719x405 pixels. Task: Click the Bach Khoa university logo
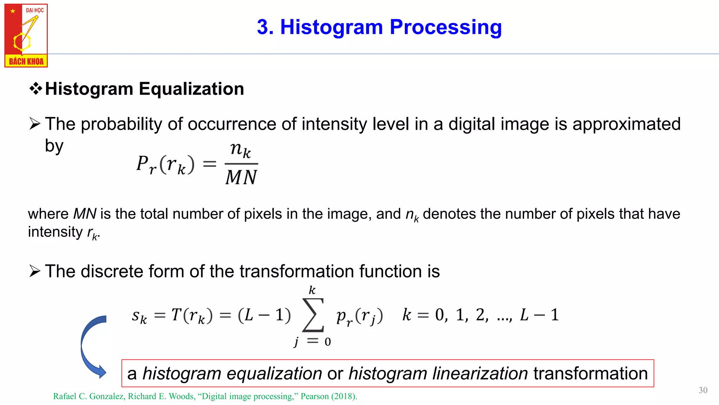pos(26,36)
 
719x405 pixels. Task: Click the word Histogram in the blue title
pos(331,27)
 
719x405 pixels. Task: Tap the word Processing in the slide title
pos(446,27)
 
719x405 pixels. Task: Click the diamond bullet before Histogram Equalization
pos(35,88)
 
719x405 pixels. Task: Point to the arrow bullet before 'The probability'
pos(35,124)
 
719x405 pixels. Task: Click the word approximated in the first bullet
pos(626,124)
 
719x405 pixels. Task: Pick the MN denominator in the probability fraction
pos(241,177)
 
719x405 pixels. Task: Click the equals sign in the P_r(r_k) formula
pos(210,164)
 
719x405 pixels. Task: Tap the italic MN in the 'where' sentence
pos(85,214)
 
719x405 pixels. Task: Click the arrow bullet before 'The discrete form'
pos(35,271)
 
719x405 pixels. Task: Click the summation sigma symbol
pos(312,315)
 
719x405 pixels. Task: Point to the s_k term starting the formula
pos(139,316)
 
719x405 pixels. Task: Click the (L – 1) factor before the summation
pos(264,315)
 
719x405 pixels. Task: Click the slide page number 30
pos(703,390)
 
